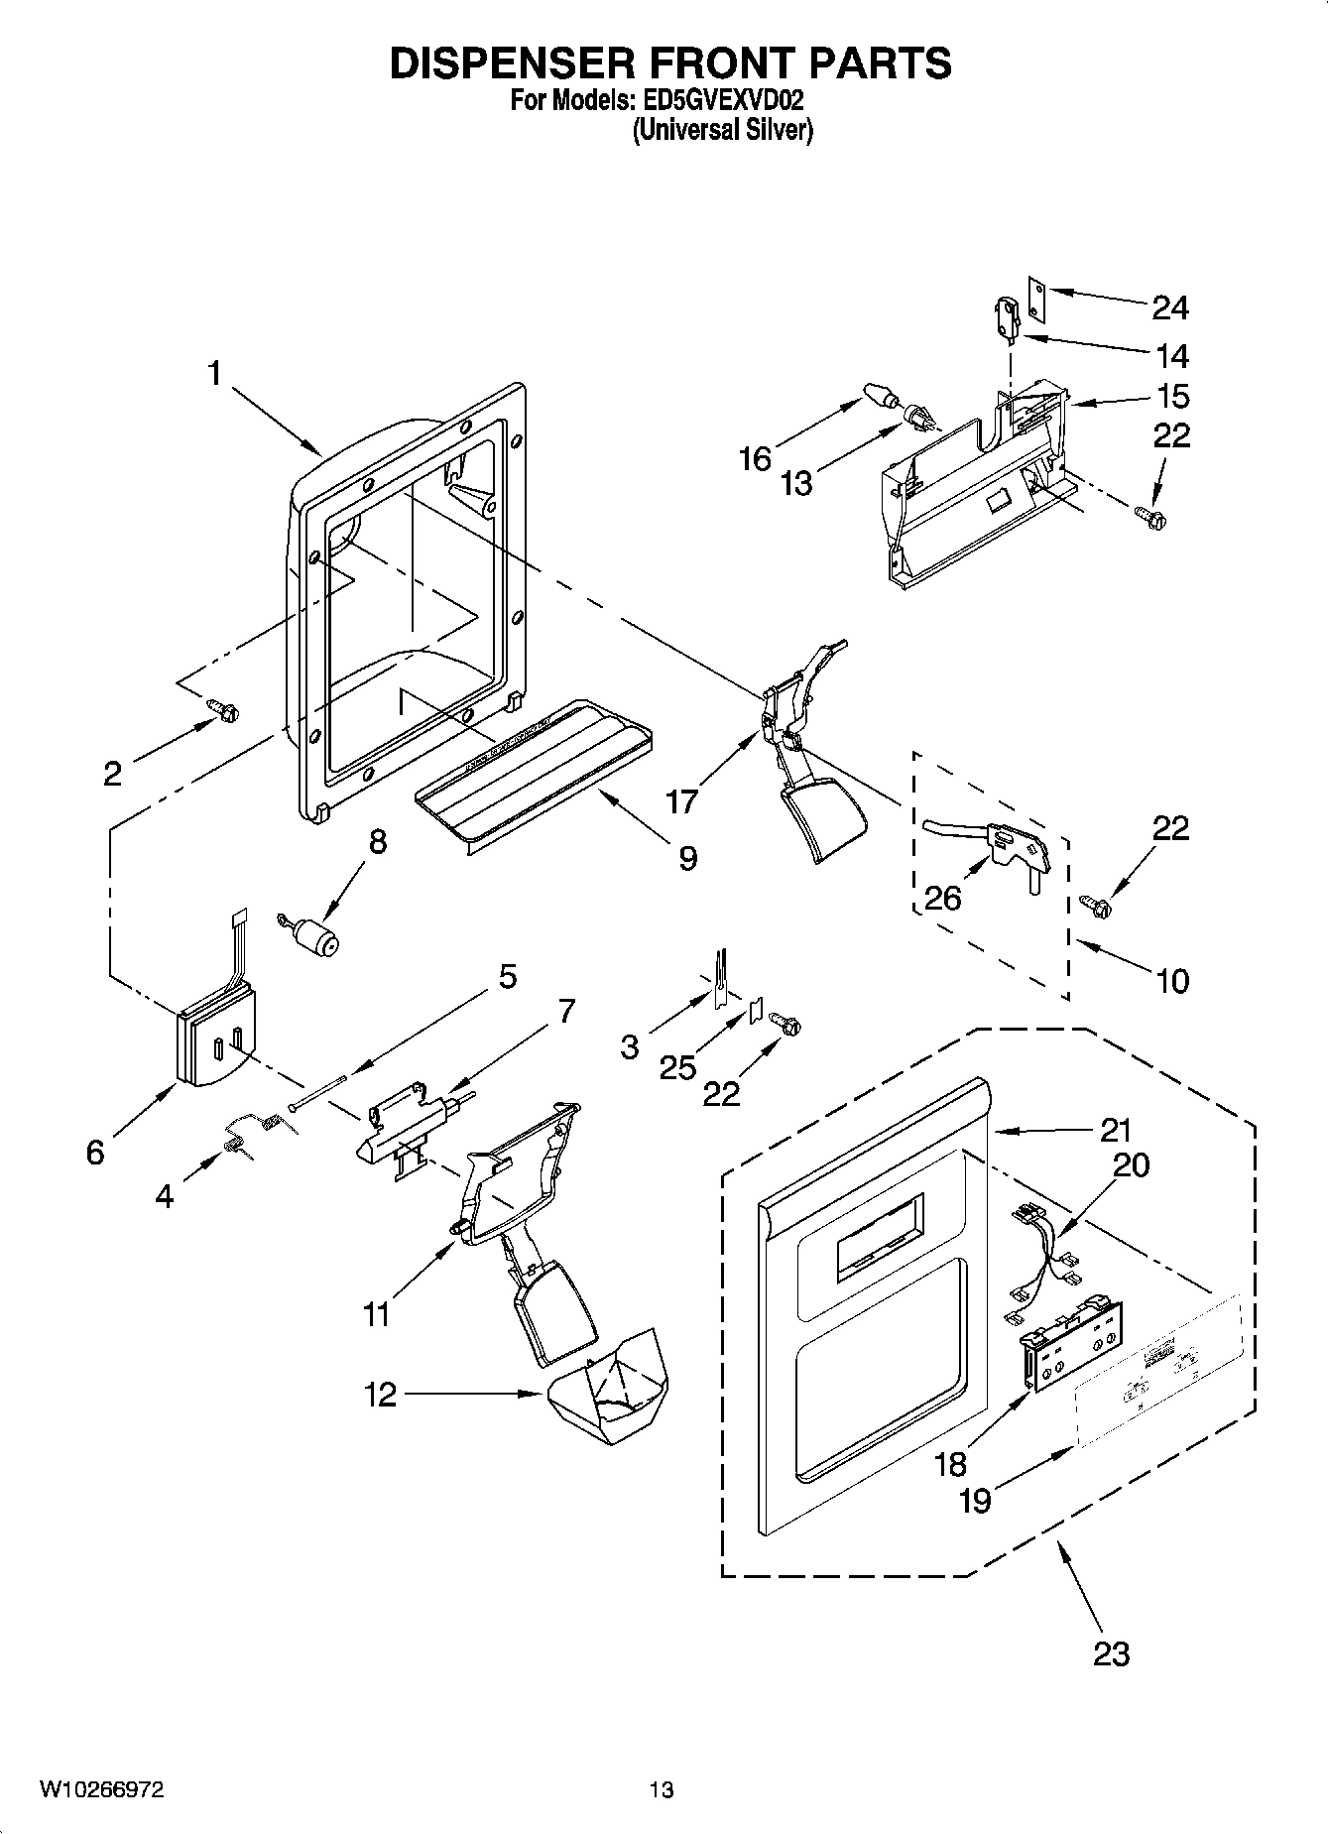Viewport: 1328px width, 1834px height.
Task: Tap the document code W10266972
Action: [102, 1789]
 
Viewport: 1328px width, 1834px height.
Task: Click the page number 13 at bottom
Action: [662, 1789]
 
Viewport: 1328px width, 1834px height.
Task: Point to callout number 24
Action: [1169, 308]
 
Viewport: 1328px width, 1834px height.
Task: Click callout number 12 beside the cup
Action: [380, 1395]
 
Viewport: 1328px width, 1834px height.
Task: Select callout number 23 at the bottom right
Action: [1112, 1653]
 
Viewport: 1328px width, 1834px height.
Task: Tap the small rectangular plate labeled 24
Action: [1036, 299]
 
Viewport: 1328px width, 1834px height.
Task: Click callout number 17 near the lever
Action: [681, 799]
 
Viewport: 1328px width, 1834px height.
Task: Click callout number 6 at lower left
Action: [95, 1152]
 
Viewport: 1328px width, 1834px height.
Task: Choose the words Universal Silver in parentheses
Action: [723, 130]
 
